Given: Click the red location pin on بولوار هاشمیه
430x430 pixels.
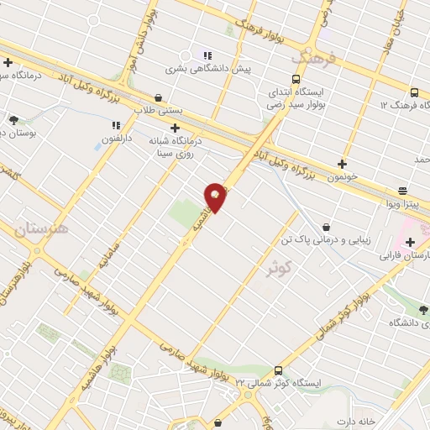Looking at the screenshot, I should point(216,197).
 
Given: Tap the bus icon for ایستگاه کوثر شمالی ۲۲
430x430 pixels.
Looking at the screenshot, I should point(278,370).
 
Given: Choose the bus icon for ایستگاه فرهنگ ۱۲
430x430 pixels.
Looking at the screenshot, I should point(414,93).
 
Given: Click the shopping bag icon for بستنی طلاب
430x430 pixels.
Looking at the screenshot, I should point(160,97).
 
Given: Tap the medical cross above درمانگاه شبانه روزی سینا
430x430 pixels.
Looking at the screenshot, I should point(175,128).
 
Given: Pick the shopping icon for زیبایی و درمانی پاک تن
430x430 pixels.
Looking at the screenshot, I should point(326,227).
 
